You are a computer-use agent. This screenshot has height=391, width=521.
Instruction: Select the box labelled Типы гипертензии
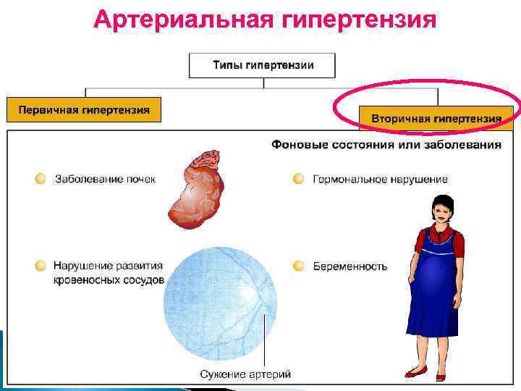pos(263,65)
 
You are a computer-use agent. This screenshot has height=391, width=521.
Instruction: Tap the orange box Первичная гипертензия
pos(84,110)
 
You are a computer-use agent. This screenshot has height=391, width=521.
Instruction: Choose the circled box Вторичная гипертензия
pos(436,117)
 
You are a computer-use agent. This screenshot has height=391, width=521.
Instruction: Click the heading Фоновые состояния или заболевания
pos(386,145)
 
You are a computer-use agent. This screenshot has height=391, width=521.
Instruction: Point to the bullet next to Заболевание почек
pos(41,179)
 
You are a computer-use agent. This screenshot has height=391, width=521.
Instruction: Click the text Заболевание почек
pos(105,179)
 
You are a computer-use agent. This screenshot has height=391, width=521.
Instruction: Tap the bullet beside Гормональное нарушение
pos(298,179)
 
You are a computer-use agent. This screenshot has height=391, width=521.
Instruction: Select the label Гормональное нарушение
pos(380,179)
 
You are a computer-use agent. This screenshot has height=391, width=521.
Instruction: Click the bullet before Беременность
pos(298,266)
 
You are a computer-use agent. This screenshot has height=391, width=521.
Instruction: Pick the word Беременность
pos(350,266)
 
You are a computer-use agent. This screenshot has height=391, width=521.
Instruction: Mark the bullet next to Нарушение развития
pos(41,266)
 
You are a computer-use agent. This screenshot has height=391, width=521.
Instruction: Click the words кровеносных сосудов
pos(109,280)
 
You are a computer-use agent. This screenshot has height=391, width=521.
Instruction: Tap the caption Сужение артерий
pos(245,374)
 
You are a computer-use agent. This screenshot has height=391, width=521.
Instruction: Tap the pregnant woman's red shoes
pos(427,373)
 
